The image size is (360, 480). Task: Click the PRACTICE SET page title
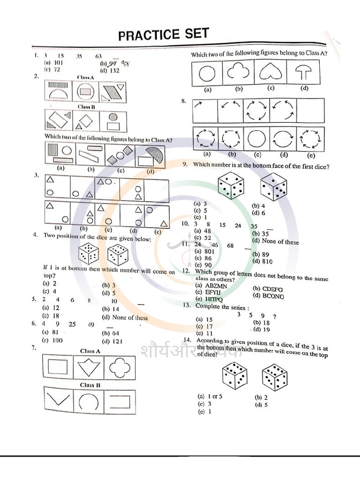point(163,34)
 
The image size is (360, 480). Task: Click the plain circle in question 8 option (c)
point(256,139)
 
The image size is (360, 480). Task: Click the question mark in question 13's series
point(274,316)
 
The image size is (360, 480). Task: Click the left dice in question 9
point(231,186)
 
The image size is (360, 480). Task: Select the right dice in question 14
point(275,377)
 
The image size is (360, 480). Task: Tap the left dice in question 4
point(88,255)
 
